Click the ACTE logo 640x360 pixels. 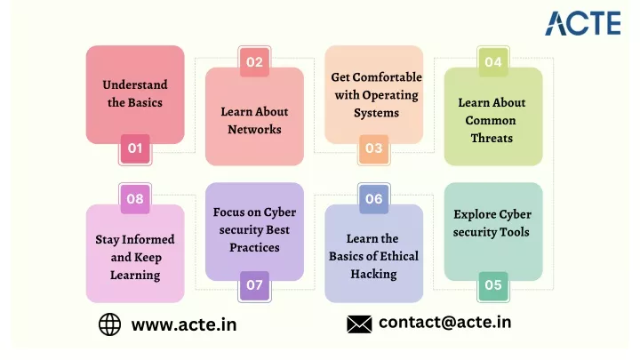[x=583, y=23]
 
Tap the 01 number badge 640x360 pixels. [x=135, y=148]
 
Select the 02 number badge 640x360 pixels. [x=254, y=62]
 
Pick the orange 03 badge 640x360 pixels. [x=374, y=148]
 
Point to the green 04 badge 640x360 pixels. [x=493, y=62]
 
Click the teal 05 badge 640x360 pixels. [x=493, y=285]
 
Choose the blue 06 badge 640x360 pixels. [x=374, y=199]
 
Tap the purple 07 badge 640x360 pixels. [x=254, y=285]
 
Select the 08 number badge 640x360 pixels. [x=135, y=199]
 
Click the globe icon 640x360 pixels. [x=110, y=324]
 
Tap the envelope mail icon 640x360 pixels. [x=359, y=324]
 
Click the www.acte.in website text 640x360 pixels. [x=184, y=325]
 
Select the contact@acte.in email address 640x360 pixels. [x=445, y=323]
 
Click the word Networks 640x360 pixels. [x=254, y=130]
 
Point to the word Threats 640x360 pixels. [x=492, y=139]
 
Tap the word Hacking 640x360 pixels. [x=373, y=274]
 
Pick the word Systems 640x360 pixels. [x=376, y=113]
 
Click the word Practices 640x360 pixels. [x=254, y=248]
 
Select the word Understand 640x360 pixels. [x=135, y=85]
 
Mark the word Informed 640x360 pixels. [x=148, y=240]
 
